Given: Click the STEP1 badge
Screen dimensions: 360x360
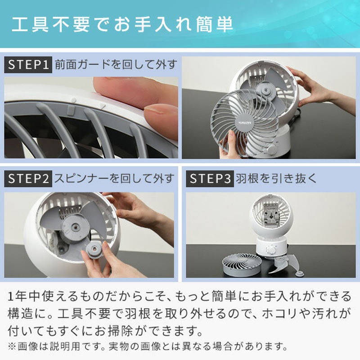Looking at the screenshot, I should click(28, 65).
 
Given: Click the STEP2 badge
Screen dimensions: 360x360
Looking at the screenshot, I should click(28, 179).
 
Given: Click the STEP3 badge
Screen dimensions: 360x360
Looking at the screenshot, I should click(208, 179).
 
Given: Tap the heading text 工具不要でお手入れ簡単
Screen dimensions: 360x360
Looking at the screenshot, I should click(122, 24).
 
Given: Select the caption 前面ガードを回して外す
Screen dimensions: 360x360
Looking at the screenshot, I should click(116, 65).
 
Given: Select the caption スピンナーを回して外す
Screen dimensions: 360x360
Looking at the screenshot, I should click(114, 179).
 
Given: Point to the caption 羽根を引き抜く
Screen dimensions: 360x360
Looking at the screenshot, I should click(275, 179).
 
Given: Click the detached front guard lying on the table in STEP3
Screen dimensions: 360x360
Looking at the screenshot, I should click(242, 263).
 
